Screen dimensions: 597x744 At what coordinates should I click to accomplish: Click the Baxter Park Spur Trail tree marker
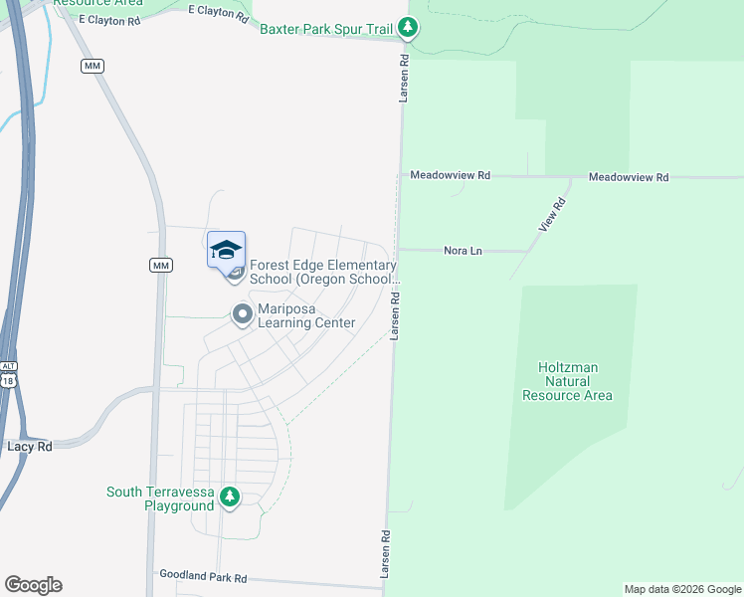[408, 29]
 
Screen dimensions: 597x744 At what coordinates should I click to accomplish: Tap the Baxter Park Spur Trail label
[326, 29]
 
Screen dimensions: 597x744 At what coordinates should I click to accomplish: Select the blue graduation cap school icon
[226, 249]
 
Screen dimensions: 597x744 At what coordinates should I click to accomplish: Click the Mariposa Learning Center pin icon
[241, 315]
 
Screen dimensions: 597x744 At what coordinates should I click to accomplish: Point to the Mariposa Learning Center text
[306, 316]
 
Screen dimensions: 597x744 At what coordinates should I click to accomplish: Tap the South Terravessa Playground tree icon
[230, 496]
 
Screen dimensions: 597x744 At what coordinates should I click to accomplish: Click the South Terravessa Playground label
[160, 498]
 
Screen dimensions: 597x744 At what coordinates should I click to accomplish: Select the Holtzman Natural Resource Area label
[567, 381]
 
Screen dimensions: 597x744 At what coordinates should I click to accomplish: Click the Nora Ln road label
[463, 251]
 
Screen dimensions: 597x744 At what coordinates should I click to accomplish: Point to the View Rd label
[552, 215]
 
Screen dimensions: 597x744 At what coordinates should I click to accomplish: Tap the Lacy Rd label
[30, 447]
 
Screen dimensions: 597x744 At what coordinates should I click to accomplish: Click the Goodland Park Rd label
[203, 577]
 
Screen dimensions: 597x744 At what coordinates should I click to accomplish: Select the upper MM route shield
[93, 66]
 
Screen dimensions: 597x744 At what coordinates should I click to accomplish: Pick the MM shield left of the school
[161, 265]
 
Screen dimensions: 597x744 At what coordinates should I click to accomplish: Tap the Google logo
[33, 585]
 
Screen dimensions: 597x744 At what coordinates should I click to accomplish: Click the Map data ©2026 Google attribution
[681, 589]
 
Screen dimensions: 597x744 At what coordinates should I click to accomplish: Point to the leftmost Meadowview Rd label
[451, 175]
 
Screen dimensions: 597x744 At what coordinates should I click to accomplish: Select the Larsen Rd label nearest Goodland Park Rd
[385, 549]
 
